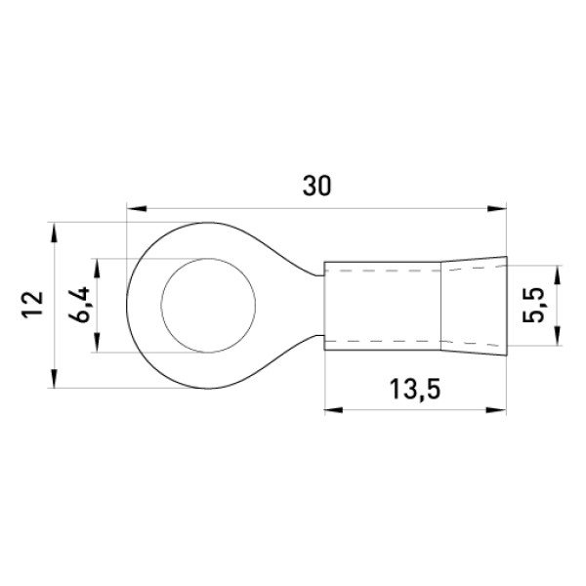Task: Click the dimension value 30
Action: [316, 187]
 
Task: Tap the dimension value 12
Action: [32, 305]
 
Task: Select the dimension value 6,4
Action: [79, 305]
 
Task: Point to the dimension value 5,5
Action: [533, 305]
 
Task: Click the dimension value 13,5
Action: [415, 389]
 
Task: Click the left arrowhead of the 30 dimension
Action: [137, 208]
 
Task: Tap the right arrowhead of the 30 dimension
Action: [497, 208]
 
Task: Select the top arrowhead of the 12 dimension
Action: [55, 232]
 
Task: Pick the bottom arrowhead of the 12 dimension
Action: [55, 379]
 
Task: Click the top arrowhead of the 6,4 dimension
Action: [97, 268]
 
